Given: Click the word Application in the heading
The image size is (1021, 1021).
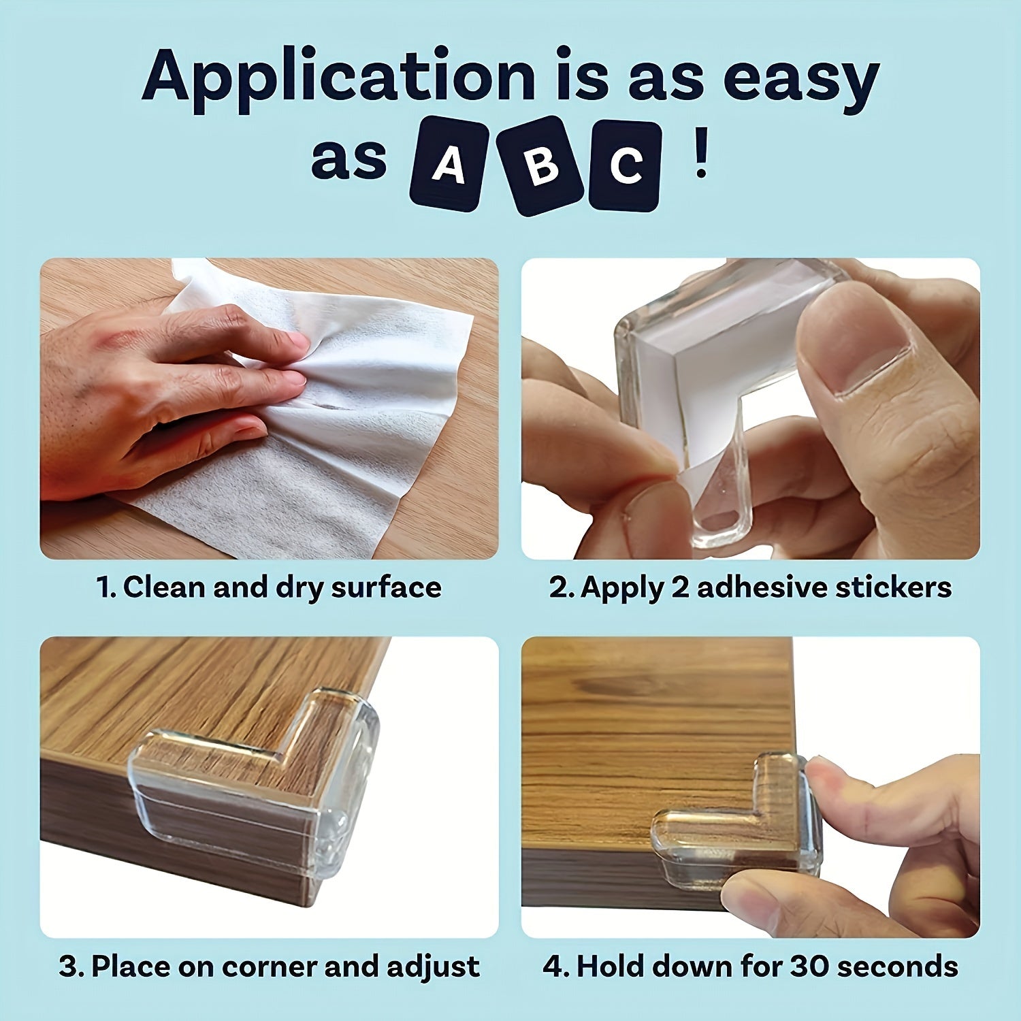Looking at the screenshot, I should tap(338, 78).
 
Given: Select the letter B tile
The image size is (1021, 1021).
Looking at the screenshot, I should tap(542, 165).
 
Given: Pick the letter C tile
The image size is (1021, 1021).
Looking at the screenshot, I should tap(626, 166).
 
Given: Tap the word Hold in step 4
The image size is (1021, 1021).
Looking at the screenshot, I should tap(609, 967).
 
